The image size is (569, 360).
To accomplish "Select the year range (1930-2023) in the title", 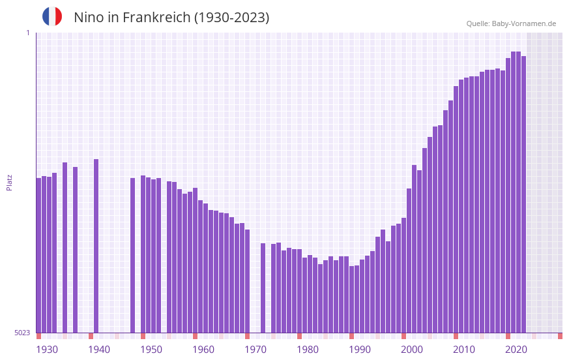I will point(231,18).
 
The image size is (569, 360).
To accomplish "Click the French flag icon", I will point(52,16).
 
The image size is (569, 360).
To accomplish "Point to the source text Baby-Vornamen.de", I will point(523,23).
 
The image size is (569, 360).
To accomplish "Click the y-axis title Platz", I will point(9,182).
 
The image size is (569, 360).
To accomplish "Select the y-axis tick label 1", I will point(27,33).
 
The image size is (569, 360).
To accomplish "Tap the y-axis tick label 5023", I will point(23,333).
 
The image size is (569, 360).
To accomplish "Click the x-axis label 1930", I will point(47,350).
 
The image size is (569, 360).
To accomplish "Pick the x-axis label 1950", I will point(151,350).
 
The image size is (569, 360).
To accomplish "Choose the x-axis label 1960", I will point(203,350).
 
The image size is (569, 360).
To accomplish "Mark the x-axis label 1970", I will point(255,350).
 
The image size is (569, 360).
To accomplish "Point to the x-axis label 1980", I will point(308,350).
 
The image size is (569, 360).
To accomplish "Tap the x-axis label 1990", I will point(360,350).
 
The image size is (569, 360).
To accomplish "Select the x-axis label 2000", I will point(412,350).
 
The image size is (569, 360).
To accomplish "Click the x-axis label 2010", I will point(464,350).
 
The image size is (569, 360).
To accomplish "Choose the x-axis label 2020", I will point(516,350).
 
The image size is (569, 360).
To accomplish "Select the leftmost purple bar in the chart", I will point(38,255).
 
